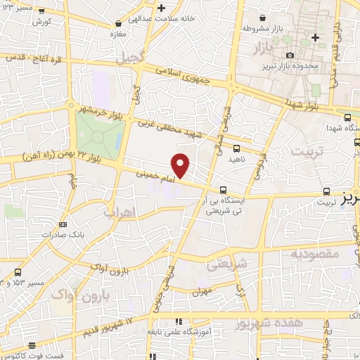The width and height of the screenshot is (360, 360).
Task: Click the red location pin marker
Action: [x=181, y=165]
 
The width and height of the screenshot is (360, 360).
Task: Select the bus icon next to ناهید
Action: [x=236, y=148]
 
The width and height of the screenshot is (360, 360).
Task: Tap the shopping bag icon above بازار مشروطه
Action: [x=262, y=18]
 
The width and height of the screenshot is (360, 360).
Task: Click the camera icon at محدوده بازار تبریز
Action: [x=290, y=55]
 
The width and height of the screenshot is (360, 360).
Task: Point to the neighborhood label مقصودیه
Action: [x=314, y=252]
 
